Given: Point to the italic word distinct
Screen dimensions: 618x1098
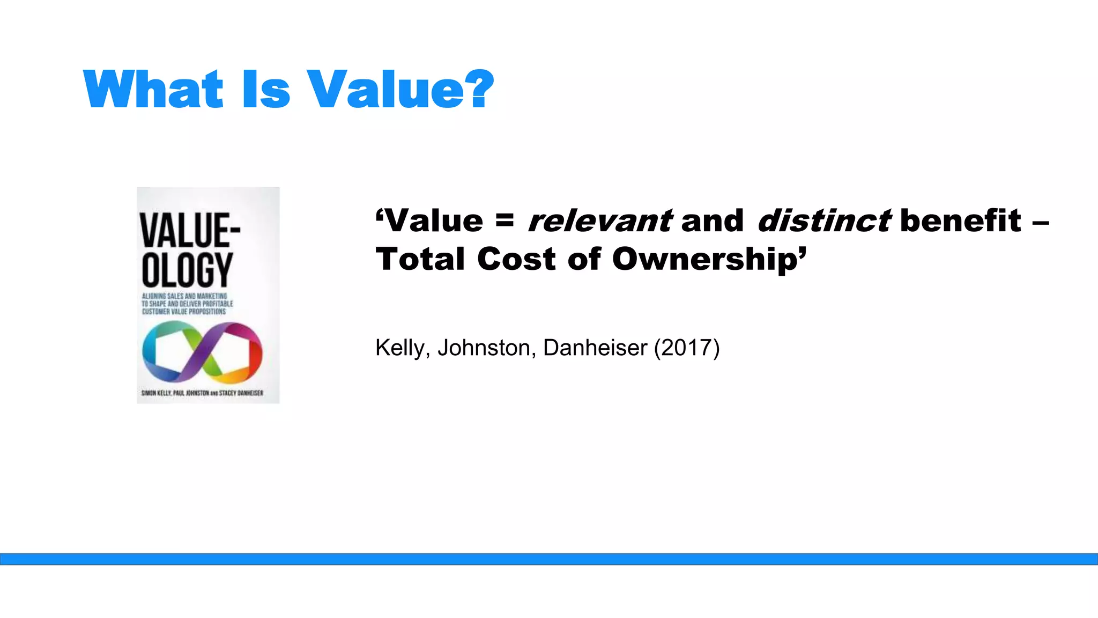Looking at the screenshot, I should click(x=824, y=220).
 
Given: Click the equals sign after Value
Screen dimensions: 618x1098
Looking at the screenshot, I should click(x=505, y=219).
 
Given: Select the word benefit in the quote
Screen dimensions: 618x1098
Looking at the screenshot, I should click(x=961, y=220).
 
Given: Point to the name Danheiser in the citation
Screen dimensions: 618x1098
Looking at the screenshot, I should click(x=595, y=348).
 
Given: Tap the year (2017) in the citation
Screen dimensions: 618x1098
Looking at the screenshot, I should click(x=687, y=348).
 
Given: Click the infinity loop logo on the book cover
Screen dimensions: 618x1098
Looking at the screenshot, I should click(x=202, y=352).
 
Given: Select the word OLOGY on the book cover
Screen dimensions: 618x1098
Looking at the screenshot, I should click(x=187, y=269).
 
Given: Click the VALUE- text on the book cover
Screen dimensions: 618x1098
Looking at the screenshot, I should click(x=190, y=230).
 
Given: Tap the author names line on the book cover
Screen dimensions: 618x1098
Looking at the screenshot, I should click(x=202, y=393).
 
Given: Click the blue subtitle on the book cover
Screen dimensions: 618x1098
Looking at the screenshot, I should click(x=187, y=304).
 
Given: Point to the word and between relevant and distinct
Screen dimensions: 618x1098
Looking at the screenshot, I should click(x=713, y=220).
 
